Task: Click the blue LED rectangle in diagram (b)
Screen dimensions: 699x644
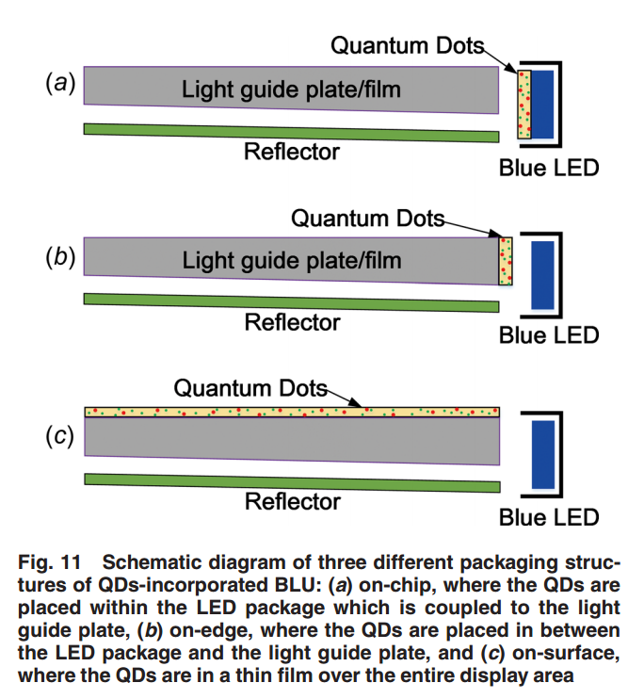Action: pos(542,274)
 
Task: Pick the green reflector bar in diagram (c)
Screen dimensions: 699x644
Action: pos(292,482)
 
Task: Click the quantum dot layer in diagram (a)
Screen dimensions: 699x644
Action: pos(524,105)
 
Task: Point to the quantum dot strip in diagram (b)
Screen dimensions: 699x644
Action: pos(506,261)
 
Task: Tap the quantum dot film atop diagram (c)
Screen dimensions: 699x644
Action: pos(292,412)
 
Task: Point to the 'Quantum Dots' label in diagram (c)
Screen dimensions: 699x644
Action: pos(250,388)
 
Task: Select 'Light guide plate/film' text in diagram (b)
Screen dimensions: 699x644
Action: pos(292,260)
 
